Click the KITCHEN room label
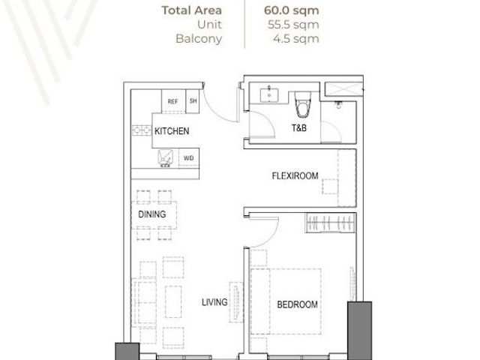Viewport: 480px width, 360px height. click(172, 131)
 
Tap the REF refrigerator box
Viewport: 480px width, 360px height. click(173, 101)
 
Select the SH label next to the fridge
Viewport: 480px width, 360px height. click(193, 100)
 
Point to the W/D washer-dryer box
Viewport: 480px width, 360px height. click(188, 158)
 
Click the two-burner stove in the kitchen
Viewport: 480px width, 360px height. click(142, 130)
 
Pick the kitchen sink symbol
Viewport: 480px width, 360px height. click(165, 158)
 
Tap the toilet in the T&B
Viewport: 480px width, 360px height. click(302, 104)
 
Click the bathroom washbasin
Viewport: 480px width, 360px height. click(269, 94)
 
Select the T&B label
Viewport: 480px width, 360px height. click(299, 127)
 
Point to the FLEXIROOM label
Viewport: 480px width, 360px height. click(295, 175)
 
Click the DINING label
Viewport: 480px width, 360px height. click(152, 214)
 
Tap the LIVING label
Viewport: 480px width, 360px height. click(214, 302)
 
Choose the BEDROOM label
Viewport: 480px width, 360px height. click(297, 304)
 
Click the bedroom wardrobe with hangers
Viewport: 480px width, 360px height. click(331, 223)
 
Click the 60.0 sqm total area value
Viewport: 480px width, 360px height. click(292, 10)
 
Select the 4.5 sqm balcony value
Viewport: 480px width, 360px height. click(296, 39)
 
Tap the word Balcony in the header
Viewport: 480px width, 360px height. click(199, 39)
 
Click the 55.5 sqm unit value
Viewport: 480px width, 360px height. click(293, 25)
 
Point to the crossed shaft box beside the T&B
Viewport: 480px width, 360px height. click(343, 89)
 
